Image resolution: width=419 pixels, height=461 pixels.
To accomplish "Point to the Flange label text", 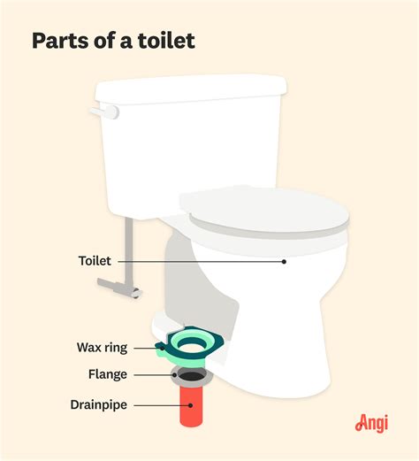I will tap(105, 374).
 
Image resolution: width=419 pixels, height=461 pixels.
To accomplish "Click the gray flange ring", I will tap(187, 374).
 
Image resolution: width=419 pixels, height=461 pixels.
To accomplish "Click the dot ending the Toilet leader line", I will tap(284, 261).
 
